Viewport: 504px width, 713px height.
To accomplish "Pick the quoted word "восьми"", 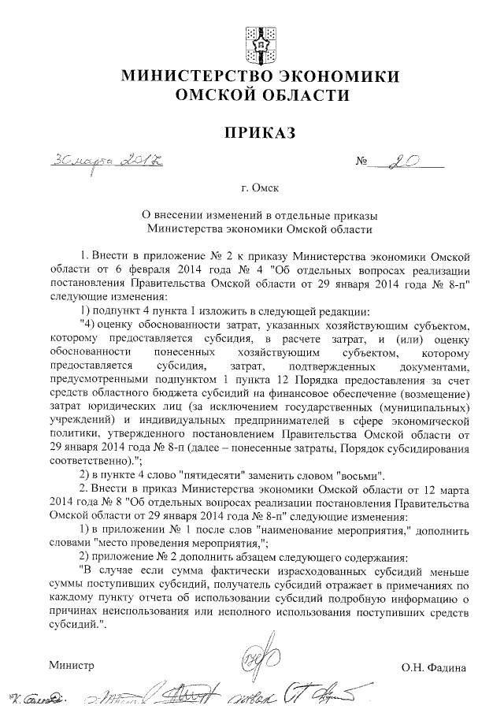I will pyautogui.click(x=359, y=476).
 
